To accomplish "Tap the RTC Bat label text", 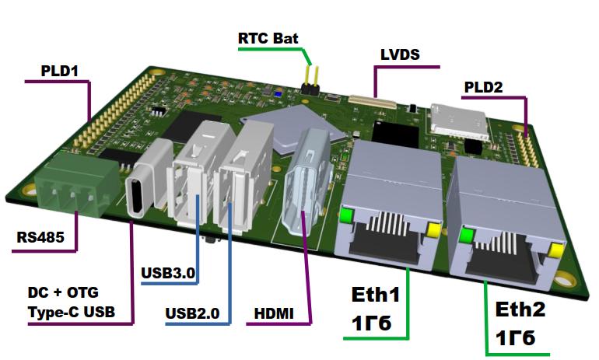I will tap(268, 37).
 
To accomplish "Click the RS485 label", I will tap(40, 236).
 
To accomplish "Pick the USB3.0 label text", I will tap(168, 273).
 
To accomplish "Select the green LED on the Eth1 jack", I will tap(347, 215).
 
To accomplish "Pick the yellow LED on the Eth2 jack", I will tap(555, 250).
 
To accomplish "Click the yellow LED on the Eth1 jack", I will tap(433, 229).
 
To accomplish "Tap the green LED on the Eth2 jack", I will tap(467, 235).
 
